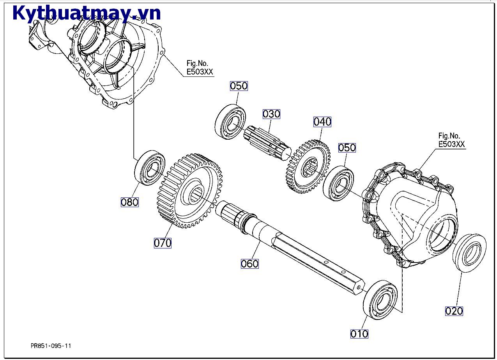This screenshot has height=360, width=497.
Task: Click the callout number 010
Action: click(x=359, y=333)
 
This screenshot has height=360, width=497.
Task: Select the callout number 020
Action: click(x=454, y=310)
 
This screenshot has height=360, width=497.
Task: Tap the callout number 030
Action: click(x=271, y=114)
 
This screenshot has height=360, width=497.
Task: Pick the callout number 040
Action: click(x=322, y=122)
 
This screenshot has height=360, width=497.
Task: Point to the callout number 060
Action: click(x=249, y=264)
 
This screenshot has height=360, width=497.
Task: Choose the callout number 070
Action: click(x=163, y=243)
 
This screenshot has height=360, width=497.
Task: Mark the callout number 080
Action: click(x=130, y=202)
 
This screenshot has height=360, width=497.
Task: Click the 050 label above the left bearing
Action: click(x=239, y=86)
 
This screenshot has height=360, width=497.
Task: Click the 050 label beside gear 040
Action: click(x=347, y=147)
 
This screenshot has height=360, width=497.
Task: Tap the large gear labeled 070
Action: click(x=191, y=191)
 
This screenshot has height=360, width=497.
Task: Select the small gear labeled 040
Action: click(x=308, y=167)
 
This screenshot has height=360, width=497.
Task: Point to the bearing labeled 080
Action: click(x=150, y=168)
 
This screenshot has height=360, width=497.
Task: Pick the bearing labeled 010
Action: click(x=380, y=300)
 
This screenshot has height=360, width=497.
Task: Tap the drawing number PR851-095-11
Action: click(x=51, y=346)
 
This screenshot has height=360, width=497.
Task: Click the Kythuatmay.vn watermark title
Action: click(x=87, y=13)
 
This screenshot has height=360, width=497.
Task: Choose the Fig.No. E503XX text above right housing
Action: click(x=451, y=140)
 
